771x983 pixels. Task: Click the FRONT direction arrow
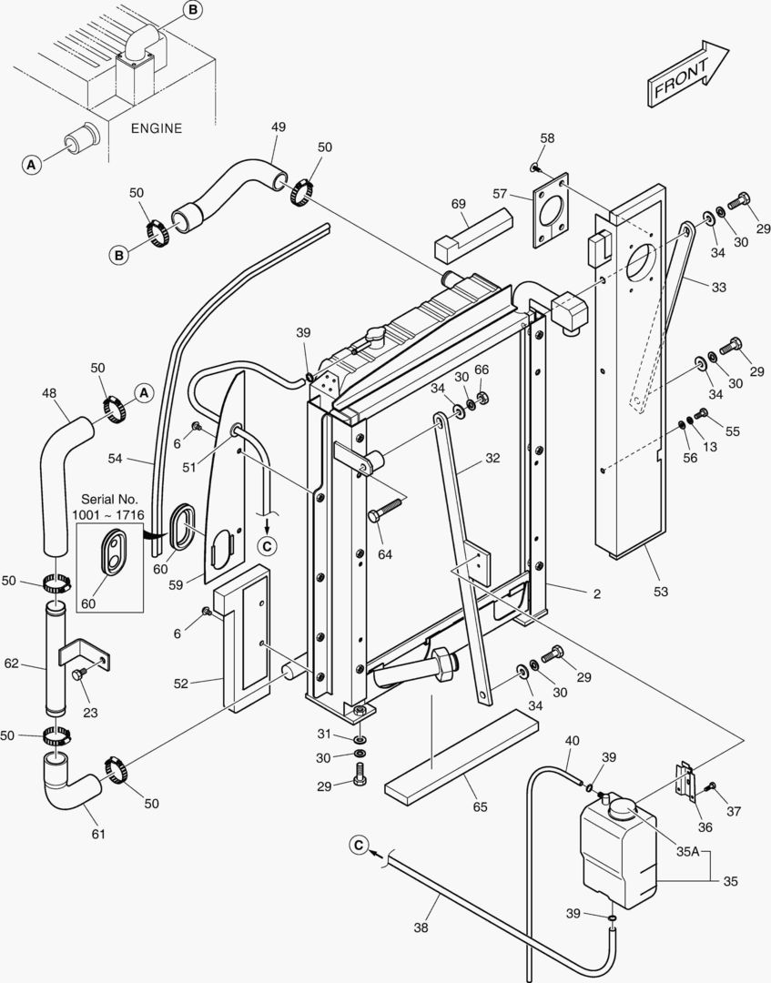point(688,74)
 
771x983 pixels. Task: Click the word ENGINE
point(156,128)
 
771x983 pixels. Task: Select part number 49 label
point(279,127)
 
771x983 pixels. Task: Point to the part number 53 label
point(661,592)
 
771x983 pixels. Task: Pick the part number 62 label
point(11,664)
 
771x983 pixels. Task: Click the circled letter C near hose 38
point(359,846)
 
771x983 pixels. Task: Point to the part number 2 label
point(597,593)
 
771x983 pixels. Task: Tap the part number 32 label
point(492,459)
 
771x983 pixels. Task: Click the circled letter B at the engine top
point(192,10)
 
